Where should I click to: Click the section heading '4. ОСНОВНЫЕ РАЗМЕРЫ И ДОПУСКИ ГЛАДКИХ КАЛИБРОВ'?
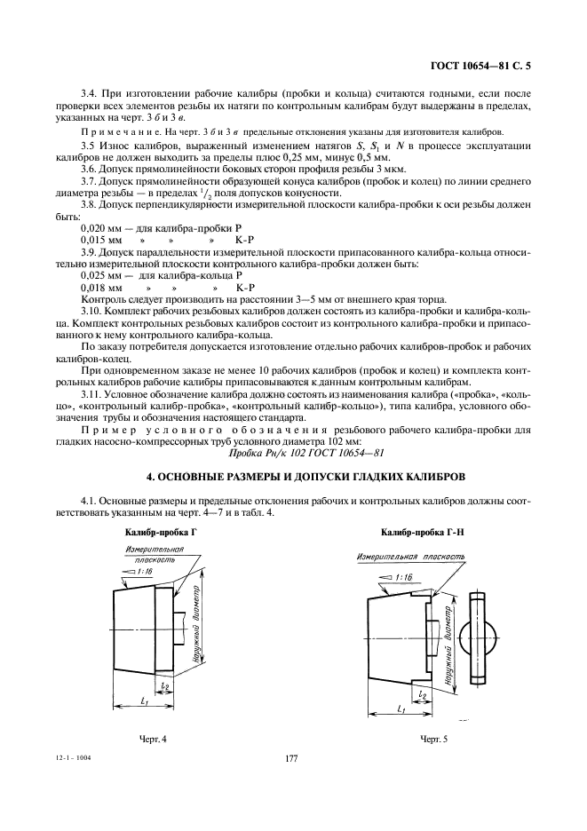tap(293, 476)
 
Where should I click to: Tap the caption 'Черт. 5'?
tap(433, 739)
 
